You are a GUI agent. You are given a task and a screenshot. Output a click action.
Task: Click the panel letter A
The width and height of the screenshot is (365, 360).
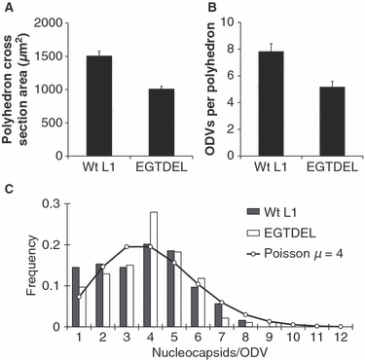(x=7, y=8)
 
